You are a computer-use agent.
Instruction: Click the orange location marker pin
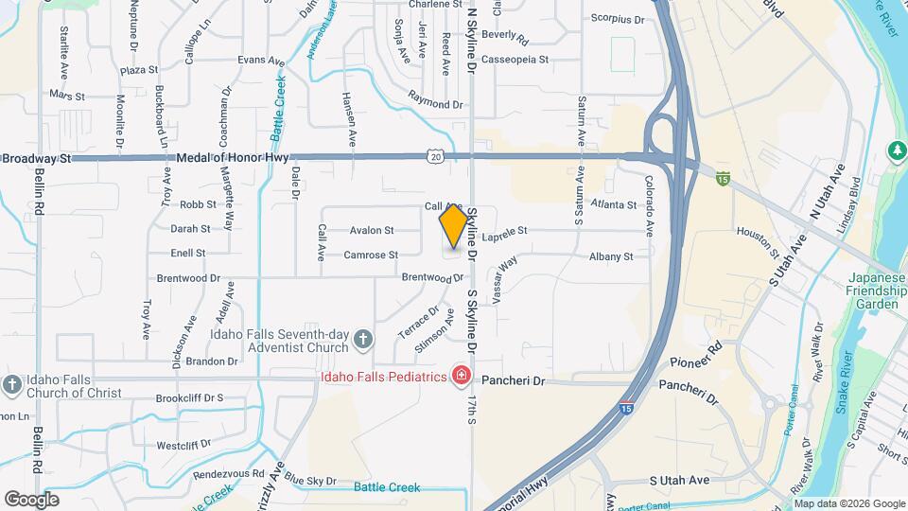click(453, 227)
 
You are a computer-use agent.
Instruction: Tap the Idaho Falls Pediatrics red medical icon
click(462, 378)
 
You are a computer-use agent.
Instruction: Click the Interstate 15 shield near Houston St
click(724, 177)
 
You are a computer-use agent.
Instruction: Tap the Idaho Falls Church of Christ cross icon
click(11, 384)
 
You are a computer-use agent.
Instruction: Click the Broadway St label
click(37, 158)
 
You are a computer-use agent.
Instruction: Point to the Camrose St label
click(371, 255)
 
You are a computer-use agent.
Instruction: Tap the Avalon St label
click(372, 230)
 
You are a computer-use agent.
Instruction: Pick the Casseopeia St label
click(515, 60)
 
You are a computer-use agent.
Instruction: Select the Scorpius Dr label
click(617, 19)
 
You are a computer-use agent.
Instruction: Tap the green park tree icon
click(896, 150)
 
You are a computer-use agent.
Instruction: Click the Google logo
click(31, 499)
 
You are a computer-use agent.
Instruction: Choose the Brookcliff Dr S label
click(189, 398)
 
